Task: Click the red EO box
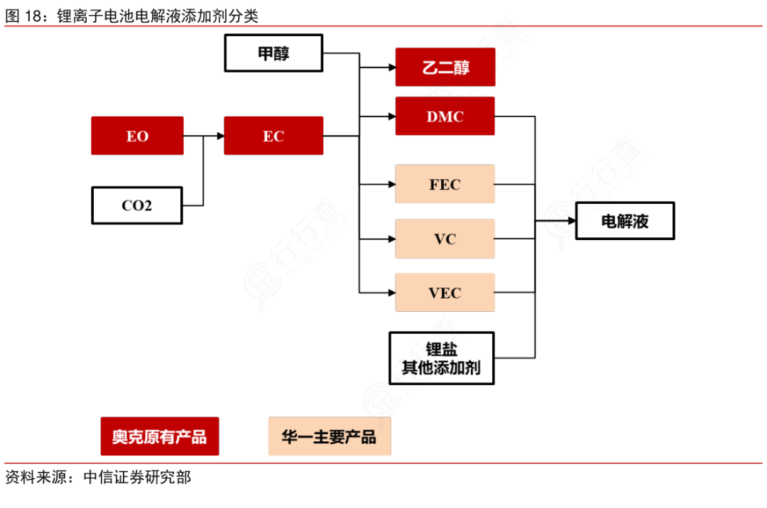tap(137, 136)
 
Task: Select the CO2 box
tap(137, 206)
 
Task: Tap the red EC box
tap(273, 136)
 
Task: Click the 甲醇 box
tap(273, 53)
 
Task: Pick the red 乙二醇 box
tap(445, 67)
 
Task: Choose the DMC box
tap(445, 117)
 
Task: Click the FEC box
tap(445, 184)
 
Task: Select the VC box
tap(445, 239)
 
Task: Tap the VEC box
tap(445, 292)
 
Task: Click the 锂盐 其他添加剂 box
tap(441, 358)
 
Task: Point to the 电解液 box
tap(624, 221)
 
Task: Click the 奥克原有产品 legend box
tap(160, 436)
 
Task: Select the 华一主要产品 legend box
tap(330, 436)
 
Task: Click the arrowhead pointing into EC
tap(219, 136)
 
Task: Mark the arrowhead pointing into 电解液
tap(570, 221)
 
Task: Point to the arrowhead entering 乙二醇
tap(391, 67)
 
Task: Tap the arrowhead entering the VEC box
tap(391, 292)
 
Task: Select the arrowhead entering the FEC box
tap(391, 184)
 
